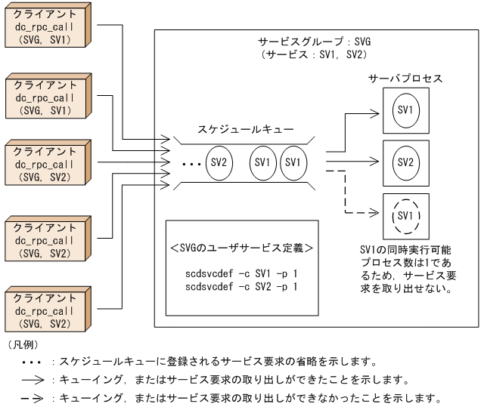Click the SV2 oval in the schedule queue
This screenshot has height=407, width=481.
[x=219, y=162]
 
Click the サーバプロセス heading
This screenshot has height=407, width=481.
[x=405, y=79]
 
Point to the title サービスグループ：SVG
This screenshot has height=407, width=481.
[x=315, y=42]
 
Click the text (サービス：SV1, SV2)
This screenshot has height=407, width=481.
[x=315, y=55]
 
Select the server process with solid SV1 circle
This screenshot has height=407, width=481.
[x=405, y=110]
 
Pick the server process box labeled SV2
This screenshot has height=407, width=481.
[x=405, y=162]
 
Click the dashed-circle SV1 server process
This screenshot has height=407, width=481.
[x=405, y=215]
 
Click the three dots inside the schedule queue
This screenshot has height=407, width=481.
[x=191, y=163]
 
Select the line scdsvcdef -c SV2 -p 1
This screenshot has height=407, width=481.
[x=242, y=286]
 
